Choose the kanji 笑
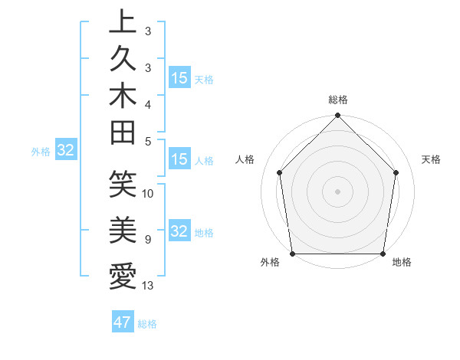(123, 184)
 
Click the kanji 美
(123, 228)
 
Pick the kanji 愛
(123, 274)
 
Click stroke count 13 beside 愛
(148, 286)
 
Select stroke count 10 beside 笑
(148, 193)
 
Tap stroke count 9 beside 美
(147, 240)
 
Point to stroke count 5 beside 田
(147, 141)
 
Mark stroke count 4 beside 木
(147, 103)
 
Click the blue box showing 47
(123, 322)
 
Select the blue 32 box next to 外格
(66, 151)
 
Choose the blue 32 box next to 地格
(179, 232)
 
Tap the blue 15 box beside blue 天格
(179, 78)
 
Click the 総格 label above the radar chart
(338, 100)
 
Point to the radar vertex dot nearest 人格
(280, 172)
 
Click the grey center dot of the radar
(338, 191)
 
